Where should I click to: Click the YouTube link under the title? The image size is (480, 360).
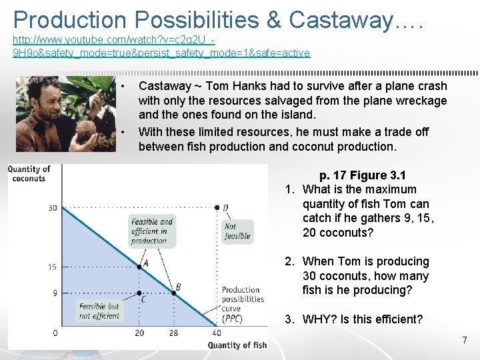click(161, 46)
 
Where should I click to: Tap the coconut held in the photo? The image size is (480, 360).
click(86, 129)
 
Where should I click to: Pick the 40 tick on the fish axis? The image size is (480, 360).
click(217, 333)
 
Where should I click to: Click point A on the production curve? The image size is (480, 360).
click(139, 267)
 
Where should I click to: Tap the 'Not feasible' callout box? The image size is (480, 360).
click(237, 231)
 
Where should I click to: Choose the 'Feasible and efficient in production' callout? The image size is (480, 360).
click(152, 231)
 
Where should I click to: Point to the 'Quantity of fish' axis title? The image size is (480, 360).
click(237, 345)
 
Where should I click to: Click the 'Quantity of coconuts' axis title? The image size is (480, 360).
click(29, 173)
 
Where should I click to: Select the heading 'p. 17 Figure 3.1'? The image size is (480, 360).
click(362, 175)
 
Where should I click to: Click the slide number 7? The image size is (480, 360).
click(465, 341)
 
